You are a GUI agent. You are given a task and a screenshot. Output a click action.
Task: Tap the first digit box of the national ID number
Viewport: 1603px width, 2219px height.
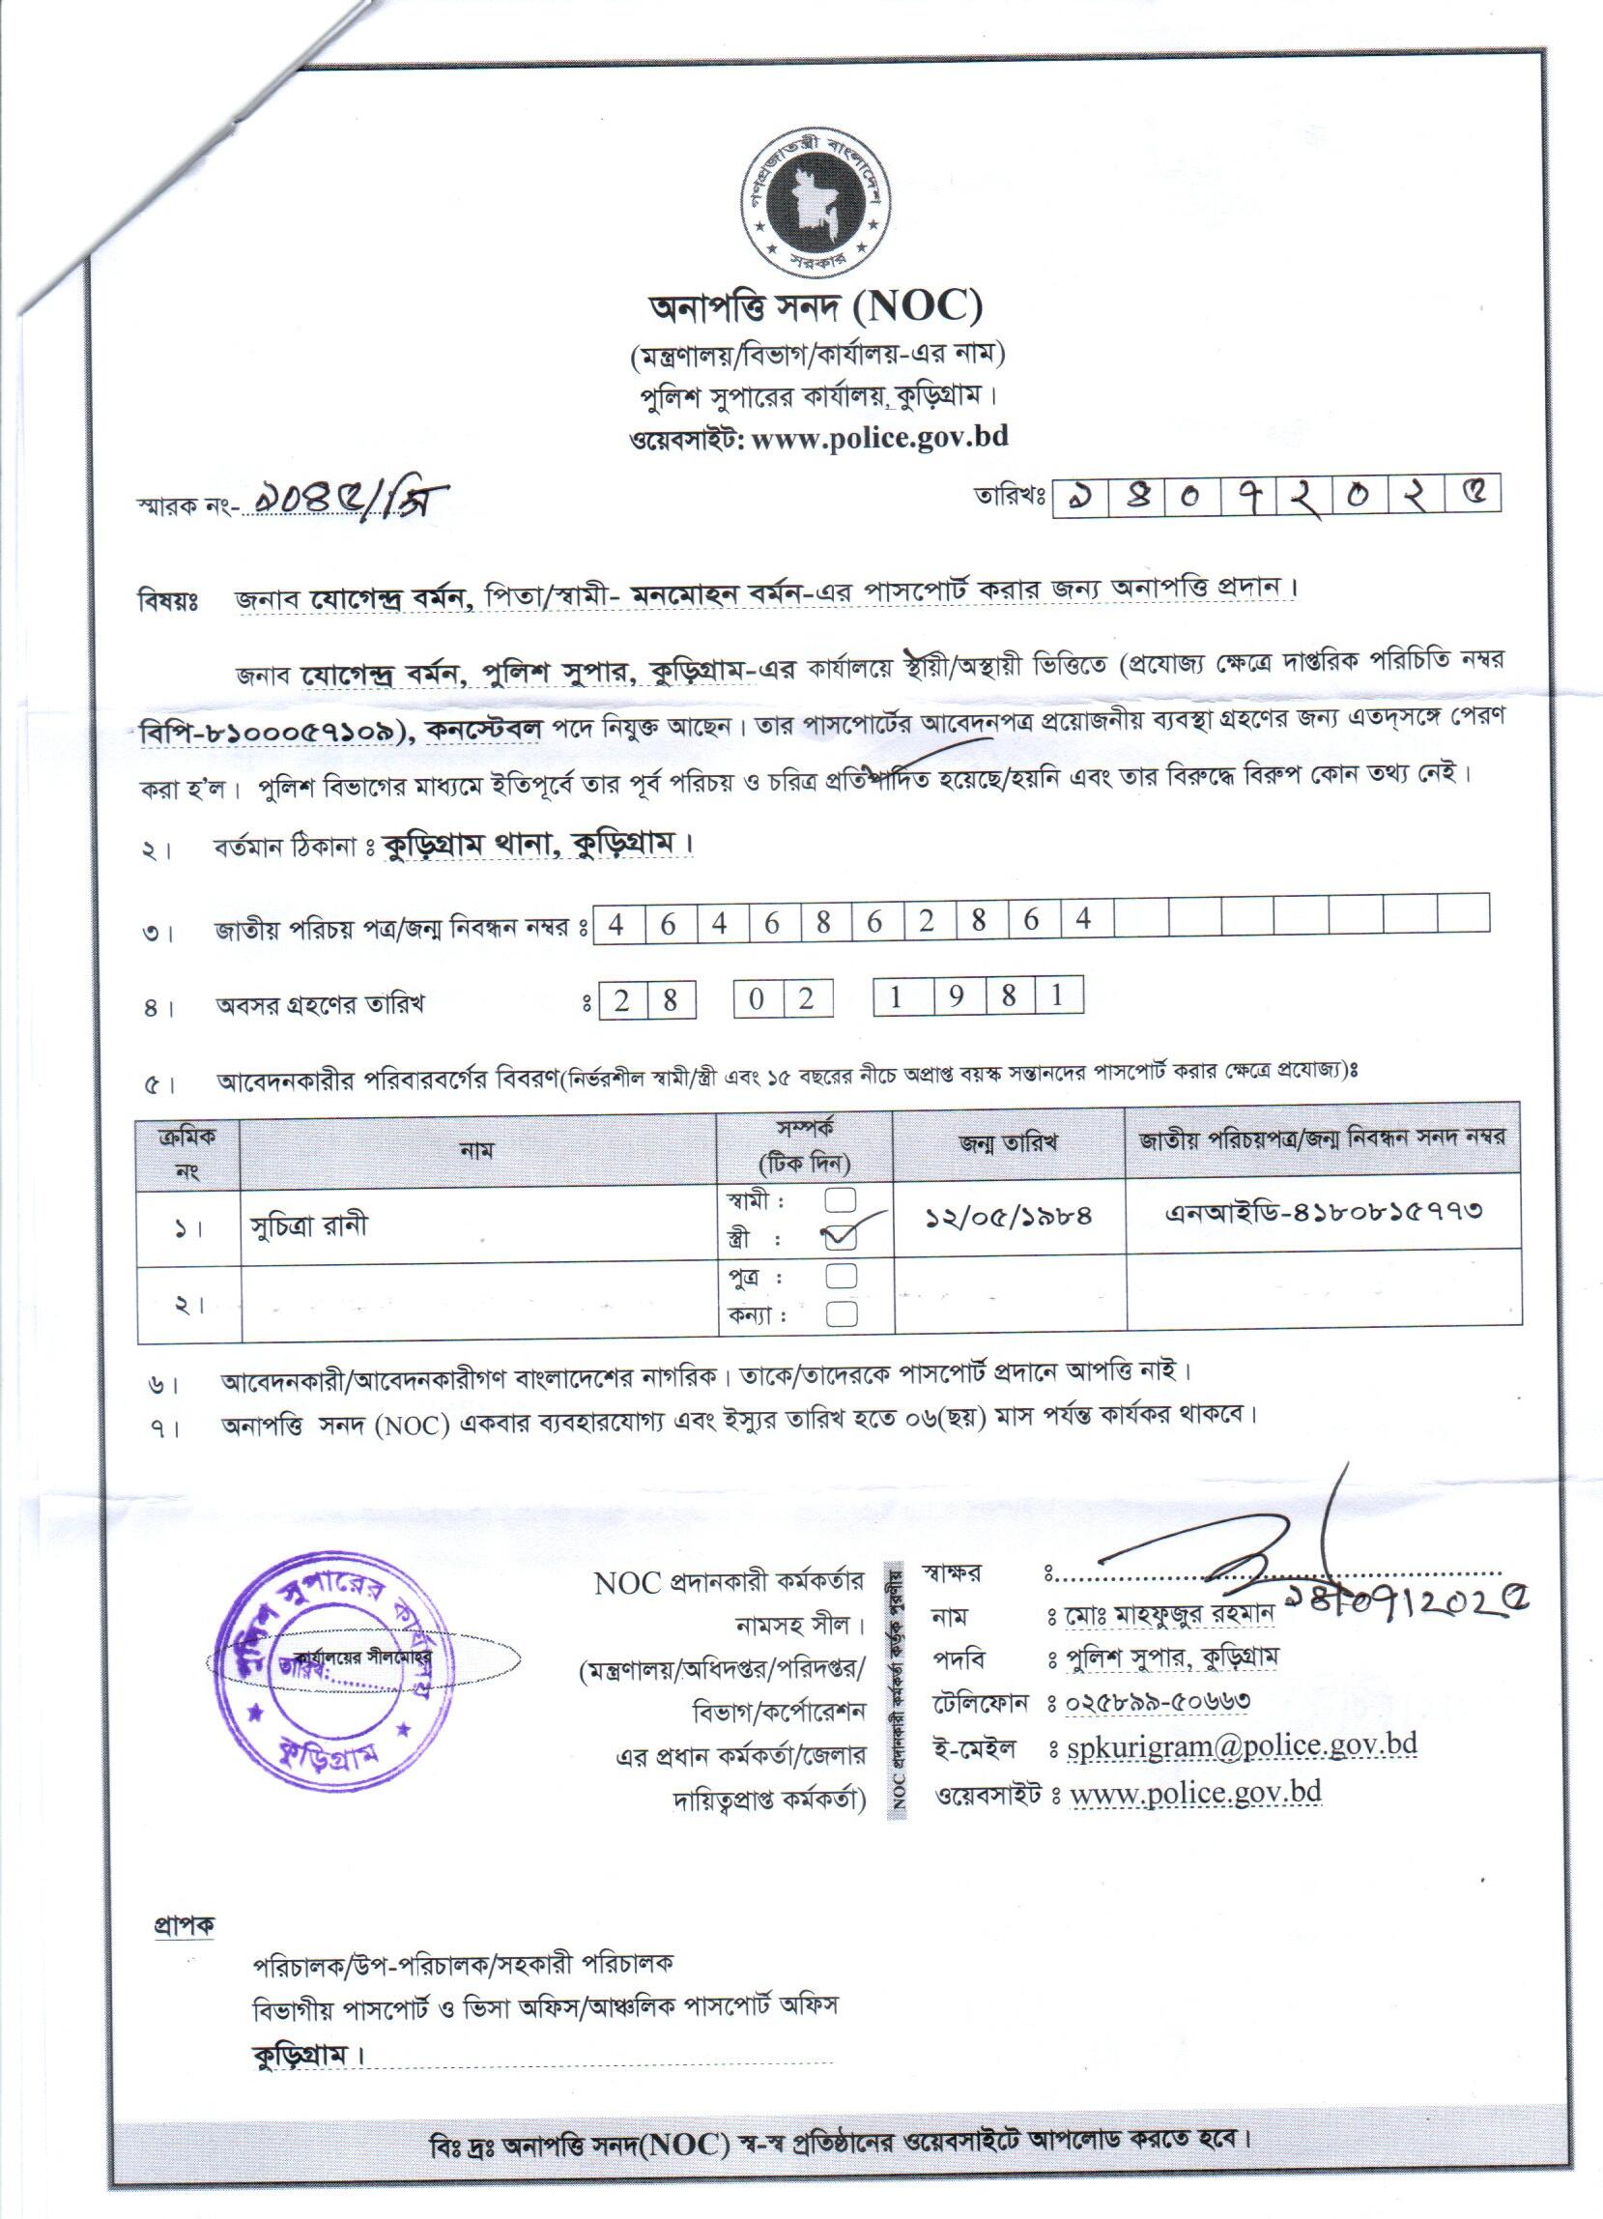coord(616,922)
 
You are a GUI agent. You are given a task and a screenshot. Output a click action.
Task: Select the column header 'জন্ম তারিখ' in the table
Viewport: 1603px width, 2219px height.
coord(1009,1142)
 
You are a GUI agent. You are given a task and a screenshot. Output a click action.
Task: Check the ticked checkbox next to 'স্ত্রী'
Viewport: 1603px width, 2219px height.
coord(841,1238)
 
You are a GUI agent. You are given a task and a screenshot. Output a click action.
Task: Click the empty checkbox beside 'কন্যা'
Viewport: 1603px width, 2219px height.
coord(841,1314)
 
